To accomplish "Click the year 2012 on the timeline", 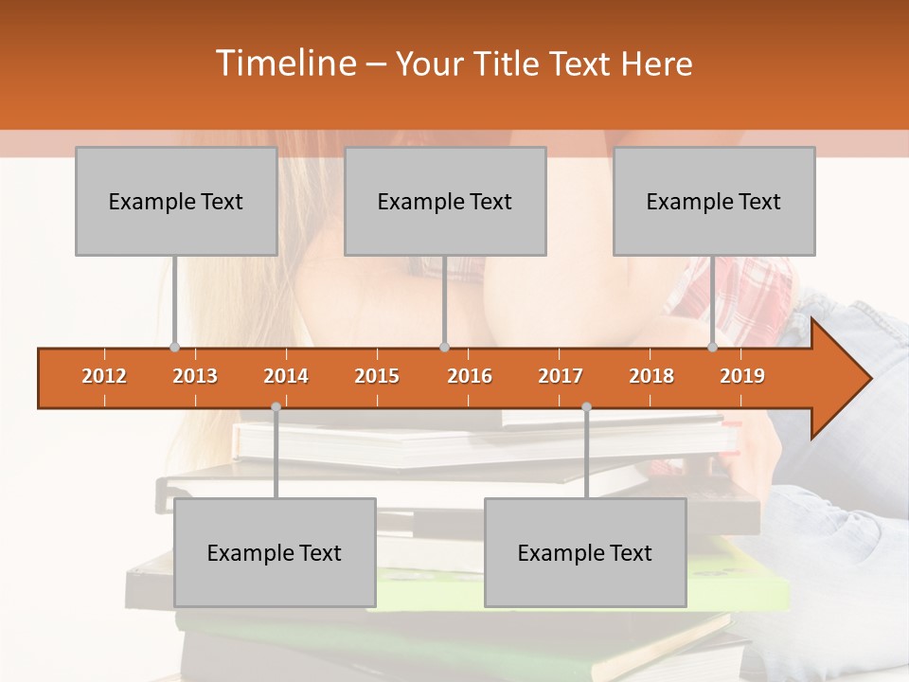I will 104,376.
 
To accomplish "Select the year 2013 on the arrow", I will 195,376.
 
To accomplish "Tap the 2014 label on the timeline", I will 286,376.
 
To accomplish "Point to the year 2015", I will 377,376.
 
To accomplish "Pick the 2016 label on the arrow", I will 470,376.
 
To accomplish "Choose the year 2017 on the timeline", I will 561,376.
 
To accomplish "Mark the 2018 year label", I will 651,376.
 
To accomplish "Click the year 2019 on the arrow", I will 742,376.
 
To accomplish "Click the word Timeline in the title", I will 285,63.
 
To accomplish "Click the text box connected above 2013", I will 175,201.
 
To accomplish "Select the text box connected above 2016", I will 444,201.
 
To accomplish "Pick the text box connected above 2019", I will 713,201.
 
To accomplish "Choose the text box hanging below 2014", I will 275,552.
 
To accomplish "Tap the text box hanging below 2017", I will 585,552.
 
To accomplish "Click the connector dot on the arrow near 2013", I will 174,348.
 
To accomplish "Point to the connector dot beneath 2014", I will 276,407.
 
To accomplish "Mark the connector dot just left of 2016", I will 444,348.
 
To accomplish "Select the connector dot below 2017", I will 586,407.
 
